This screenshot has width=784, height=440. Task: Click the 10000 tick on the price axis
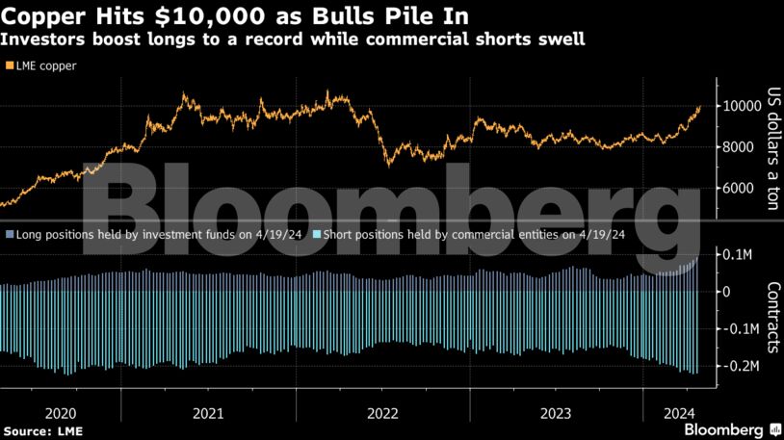tap(741, 106)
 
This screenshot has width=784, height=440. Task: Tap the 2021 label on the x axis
tap(207, 413)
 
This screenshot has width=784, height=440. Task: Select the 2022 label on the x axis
tap(382, 413)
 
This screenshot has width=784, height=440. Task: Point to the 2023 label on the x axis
tap(557, 413)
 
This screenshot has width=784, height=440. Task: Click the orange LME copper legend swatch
tap(10, 65)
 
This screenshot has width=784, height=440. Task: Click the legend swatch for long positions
tap(10, 234)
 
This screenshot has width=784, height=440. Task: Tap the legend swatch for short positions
tap(315, 234)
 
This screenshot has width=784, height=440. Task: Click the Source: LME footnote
tap(37, 429)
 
